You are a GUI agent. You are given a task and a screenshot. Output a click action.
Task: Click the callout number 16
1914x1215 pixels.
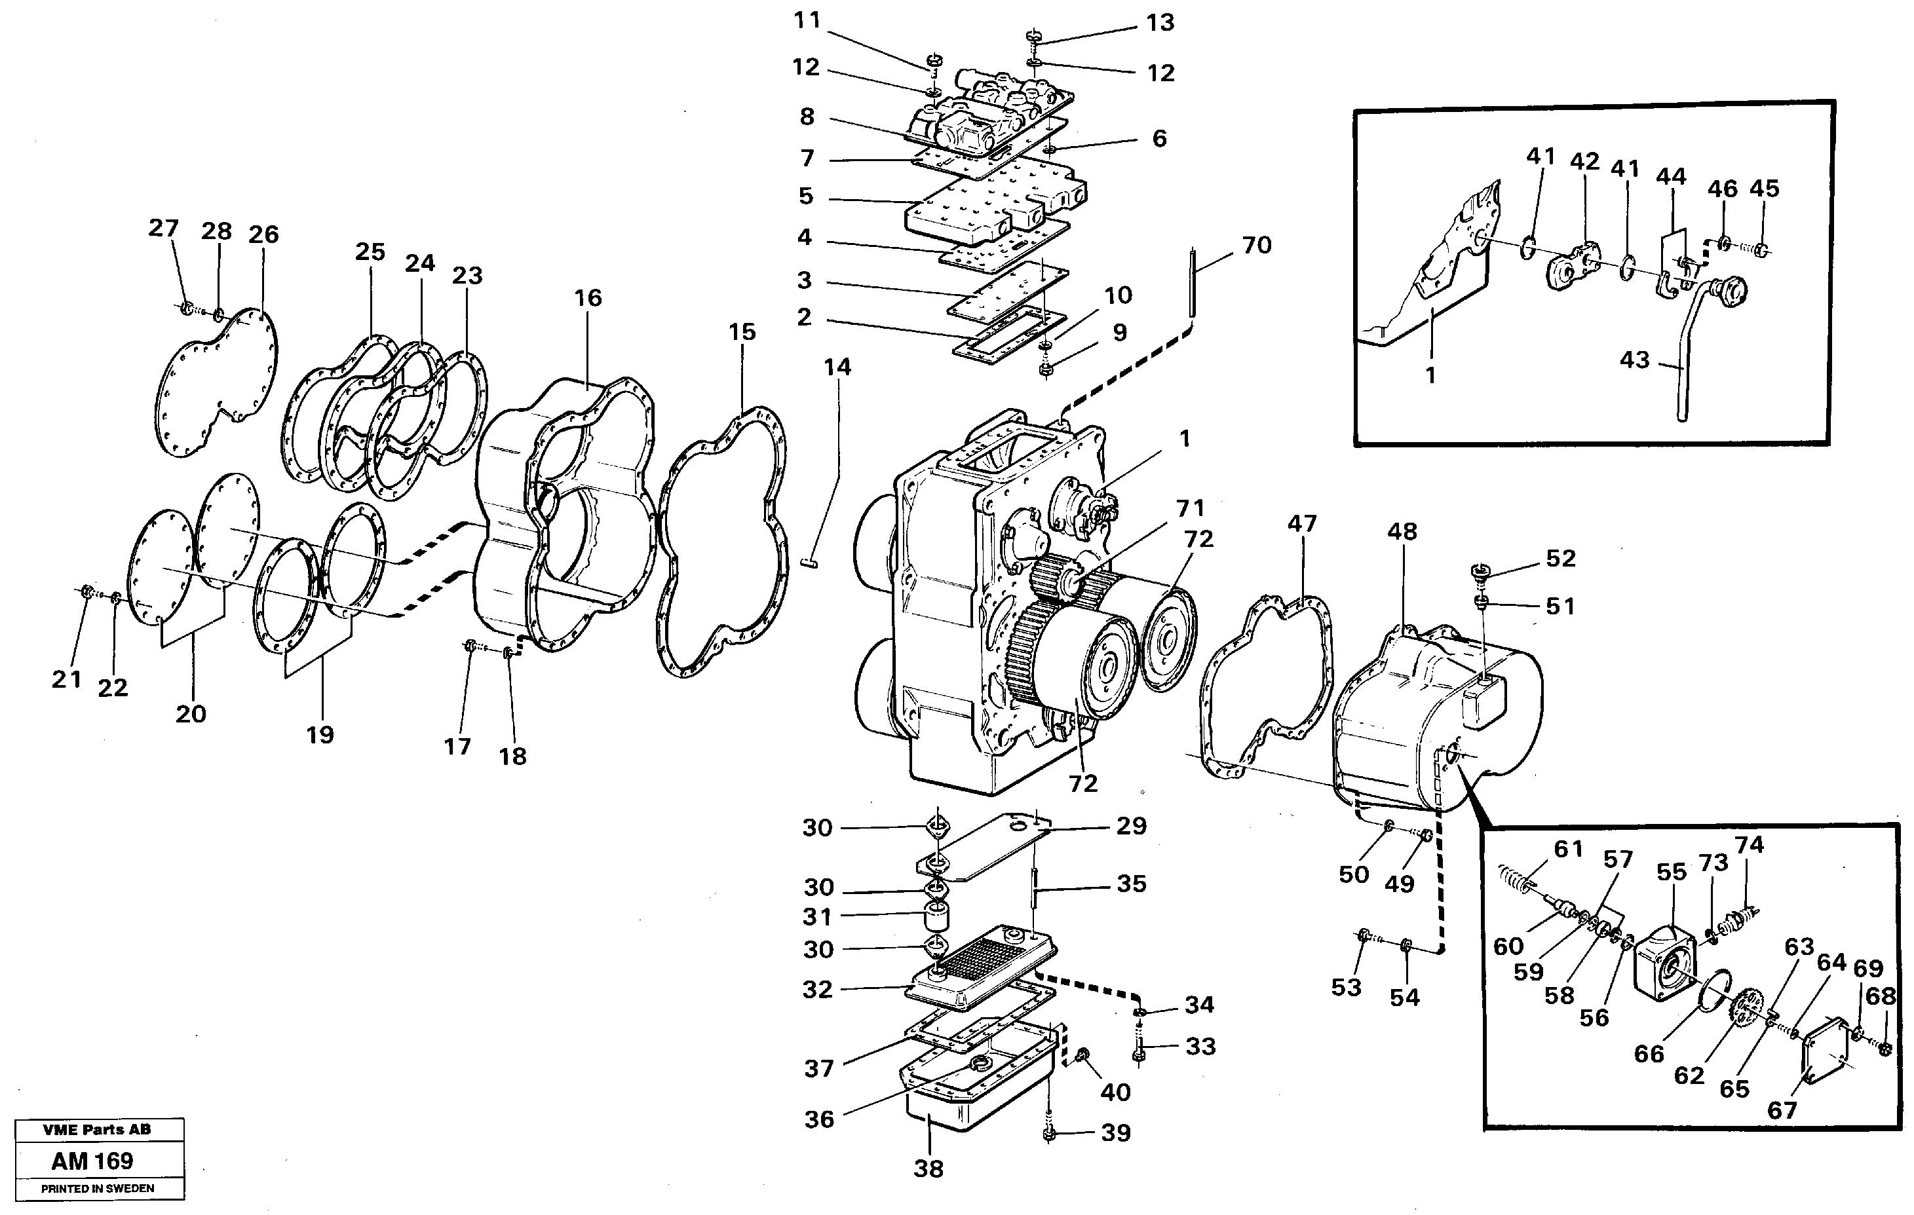pyautogui.click(x=588, y=298)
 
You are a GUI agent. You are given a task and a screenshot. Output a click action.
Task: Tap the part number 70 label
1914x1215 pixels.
pyautogui.click(x=1257, y=246)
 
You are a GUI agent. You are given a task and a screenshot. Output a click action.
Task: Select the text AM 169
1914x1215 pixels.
pyautogui.click(x=92, y=1161)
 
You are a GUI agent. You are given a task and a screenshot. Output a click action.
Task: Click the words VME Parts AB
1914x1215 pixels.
pyautogui.click(x=96, y=1129)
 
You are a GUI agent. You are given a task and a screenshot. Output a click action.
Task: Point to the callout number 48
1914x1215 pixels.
pyautogui.click(x=1402, y=532)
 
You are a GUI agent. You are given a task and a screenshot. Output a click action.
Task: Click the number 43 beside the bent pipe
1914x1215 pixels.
pyautogui.click(x=1634, y=360)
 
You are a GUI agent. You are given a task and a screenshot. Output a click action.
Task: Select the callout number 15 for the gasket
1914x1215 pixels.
pyautogui.click(x=742, y=332)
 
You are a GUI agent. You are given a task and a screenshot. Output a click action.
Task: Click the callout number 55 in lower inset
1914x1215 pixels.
pyautogui.click(x=1671, y=872)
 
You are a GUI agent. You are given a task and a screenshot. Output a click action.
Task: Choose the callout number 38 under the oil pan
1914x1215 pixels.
pyautogui.click(x=928, y=1169)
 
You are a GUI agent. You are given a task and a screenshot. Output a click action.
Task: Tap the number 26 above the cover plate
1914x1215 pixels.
pyautogui.click(x=263, y=234)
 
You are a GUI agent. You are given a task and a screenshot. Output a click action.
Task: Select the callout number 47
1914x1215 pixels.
pyautogui.click(x=1302, y=524)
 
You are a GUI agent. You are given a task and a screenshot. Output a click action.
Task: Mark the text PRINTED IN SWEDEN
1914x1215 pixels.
pyautogui.click(x=98, y=1189)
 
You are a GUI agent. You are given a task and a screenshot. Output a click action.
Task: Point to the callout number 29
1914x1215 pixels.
pyautogui.click(x=1131, y=826)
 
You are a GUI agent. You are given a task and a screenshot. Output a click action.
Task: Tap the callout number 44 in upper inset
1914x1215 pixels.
pyautogui.click(x=1671, y=176)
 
